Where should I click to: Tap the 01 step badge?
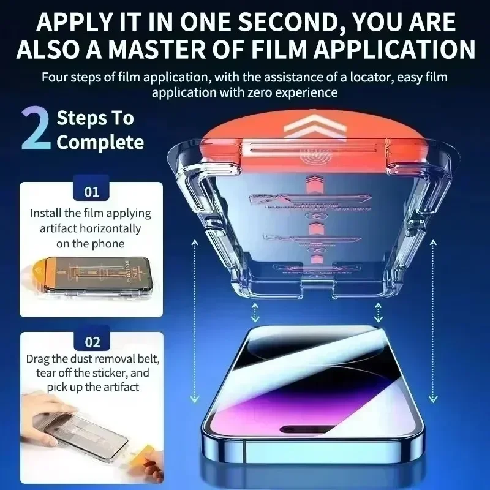point(92,192)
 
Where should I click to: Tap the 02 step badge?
point(92,342)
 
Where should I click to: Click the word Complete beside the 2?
point(100,143)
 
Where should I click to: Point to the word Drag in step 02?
point(39,358)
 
